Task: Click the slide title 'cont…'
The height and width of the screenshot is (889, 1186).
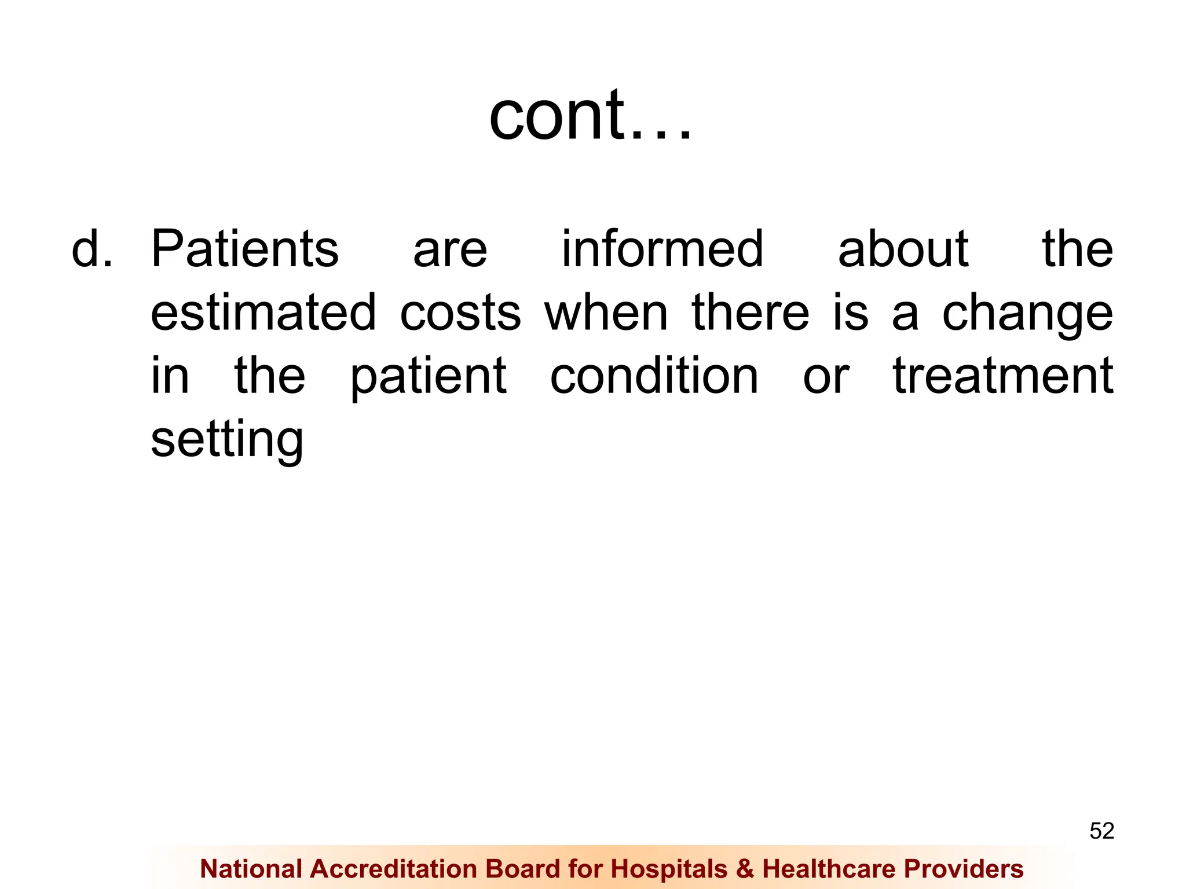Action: click(591, 116)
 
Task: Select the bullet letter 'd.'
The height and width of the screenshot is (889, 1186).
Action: click(91, 249)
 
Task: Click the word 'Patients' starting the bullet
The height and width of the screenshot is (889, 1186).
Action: click(244, 249)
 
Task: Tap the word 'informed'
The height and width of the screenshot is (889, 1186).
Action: click(662, 249)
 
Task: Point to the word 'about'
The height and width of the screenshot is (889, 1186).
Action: click(903, 249)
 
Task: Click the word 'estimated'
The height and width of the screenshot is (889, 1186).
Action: click(263, 313)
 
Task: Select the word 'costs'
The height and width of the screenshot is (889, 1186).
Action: click(460, 313)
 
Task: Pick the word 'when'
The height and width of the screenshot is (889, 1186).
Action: click(606, 313)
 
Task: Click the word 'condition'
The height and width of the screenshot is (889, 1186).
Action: click(654, 376)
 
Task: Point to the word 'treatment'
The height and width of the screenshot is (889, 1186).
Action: click(1003, 376)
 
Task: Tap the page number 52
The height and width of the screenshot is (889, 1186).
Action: click(1101, 831)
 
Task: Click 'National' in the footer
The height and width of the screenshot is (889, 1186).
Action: click(251, 869)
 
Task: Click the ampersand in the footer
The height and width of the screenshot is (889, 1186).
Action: click(745, 869)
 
